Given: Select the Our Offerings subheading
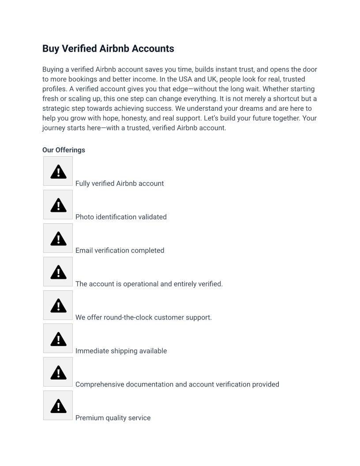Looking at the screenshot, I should (64, 150).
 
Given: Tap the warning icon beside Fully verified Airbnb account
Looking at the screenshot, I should (58, 171).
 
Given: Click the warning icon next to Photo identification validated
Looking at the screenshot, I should (58, 205).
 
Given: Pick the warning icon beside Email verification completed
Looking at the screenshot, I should (58, 238).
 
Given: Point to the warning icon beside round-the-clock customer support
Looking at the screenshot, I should (58, 305).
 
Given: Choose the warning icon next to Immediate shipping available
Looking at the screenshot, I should (58, 339).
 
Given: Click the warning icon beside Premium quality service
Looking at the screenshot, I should (58, 406).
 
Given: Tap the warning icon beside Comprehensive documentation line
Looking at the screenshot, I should (58, 372).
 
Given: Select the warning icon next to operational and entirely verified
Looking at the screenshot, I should (58, 272).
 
